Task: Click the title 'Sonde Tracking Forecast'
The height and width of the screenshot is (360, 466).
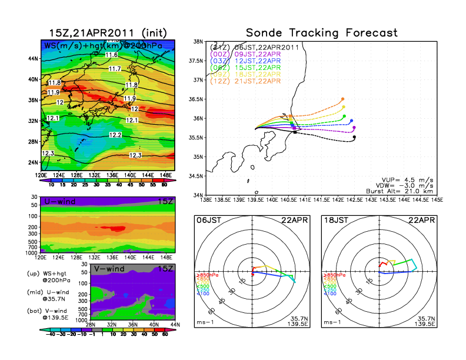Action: [322, 32]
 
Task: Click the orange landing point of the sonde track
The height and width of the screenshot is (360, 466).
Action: [342, 99]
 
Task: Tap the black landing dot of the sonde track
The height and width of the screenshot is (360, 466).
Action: [354, 138]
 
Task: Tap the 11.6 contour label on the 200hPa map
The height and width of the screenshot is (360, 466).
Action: [111, 55]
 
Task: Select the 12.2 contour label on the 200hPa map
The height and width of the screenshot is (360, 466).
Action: [115, 135]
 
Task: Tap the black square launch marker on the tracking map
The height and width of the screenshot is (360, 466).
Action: [295, 132]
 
